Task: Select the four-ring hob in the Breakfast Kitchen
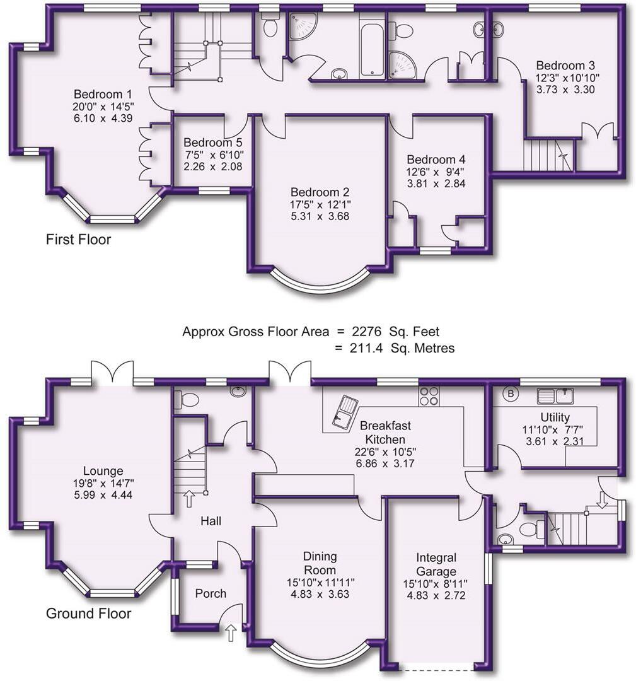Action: tap(429, 395)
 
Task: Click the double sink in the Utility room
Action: tap(555, 395)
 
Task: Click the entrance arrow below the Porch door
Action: tap(230, 632)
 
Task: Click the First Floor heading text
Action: tap(78, 240)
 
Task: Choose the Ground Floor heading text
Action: tap(88, 614)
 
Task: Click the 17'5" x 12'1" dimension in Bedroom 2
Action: tap(320, 204)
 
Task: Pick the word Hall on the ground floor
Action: tap(210, 521)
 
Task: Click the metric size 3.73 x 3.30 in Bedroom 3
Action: tap(565, 90)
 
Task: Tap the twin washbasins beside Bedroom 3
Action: tap(489, 28)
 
